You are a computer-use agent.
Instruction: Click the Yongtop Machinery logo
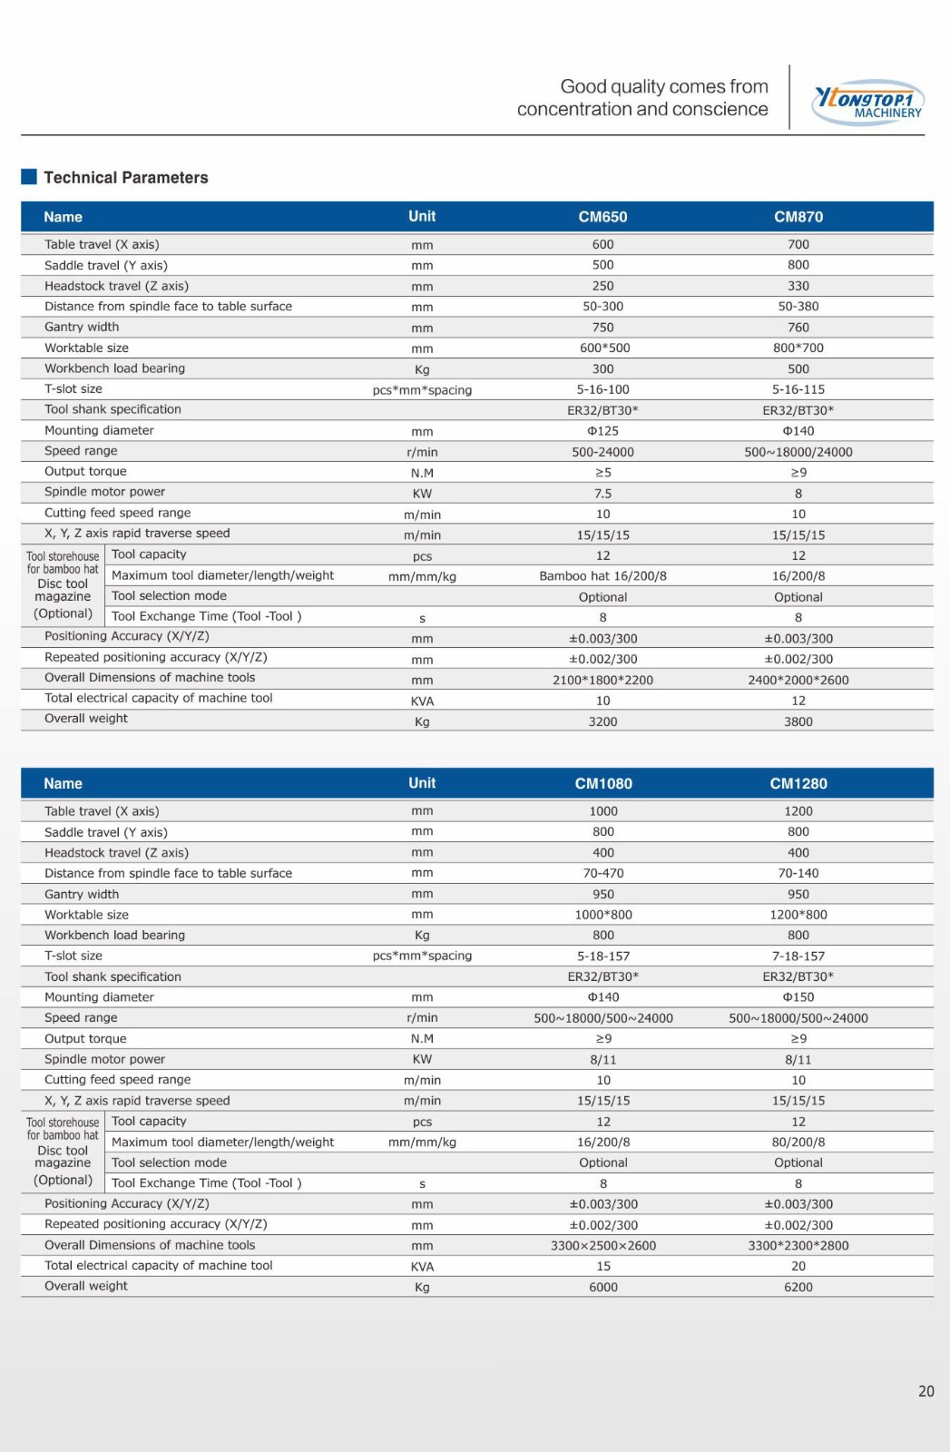pyautogui.click(x=868, y=102)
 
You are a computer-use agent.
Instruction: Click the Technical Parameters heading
pyautogui.click(x=125, y=178)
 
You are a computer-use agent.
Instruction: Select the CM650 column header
pyautogui.click(x=602, y=217)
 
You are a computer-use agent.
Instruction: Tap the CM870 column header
pyautogui.click(x=798, y=217)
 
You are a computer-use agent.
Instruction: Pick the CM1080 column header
pyautogui.click(x=603, y=783)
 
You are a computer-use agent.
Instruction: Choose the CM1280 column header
pyautogui.click(x=798, y=783)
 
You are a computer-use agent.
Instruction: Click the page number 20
pyautogui.click(x=926, y=1391)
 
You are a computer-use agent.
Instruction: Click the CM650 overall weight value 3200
pyautogui.click(x=602, y=721)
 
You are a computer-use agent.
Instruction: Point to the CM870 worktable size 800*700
pyautogui.click(x=798, y=348)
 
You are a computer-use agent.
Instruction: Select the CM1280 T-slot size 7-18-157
pyautogui.click(x=798, y=956)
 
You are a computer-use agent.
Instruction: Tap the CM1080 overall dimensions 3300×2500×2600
pyautogui.click(x=603, y=1245)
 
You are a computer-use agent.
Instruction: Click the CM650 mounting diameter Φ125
pyautogui.click(x=602, y=431)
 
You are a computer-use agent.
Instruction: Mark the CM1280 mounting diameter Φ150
pyautogui.click(x=798, y=996)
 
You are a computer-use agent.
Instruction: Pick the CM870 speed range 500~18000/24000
pyautogui.click(x=798, y=452)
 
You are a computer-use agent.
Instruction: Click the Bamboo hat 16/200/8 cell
pyautogui.click(x=602, y=576)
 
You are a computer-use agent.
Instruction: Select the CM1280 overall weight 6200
pyautogui.click(x=798, y=1287)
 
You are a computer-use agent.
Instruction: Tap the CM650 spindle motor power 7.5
pyautogui.click(x=602, y=494)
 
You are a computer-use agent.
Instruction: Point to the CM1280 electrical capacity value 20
pyautogui.click(x=798, y=1266)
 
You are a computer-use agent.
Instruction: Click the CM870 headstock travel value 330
pyautogui.click(x=798, y=286)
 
